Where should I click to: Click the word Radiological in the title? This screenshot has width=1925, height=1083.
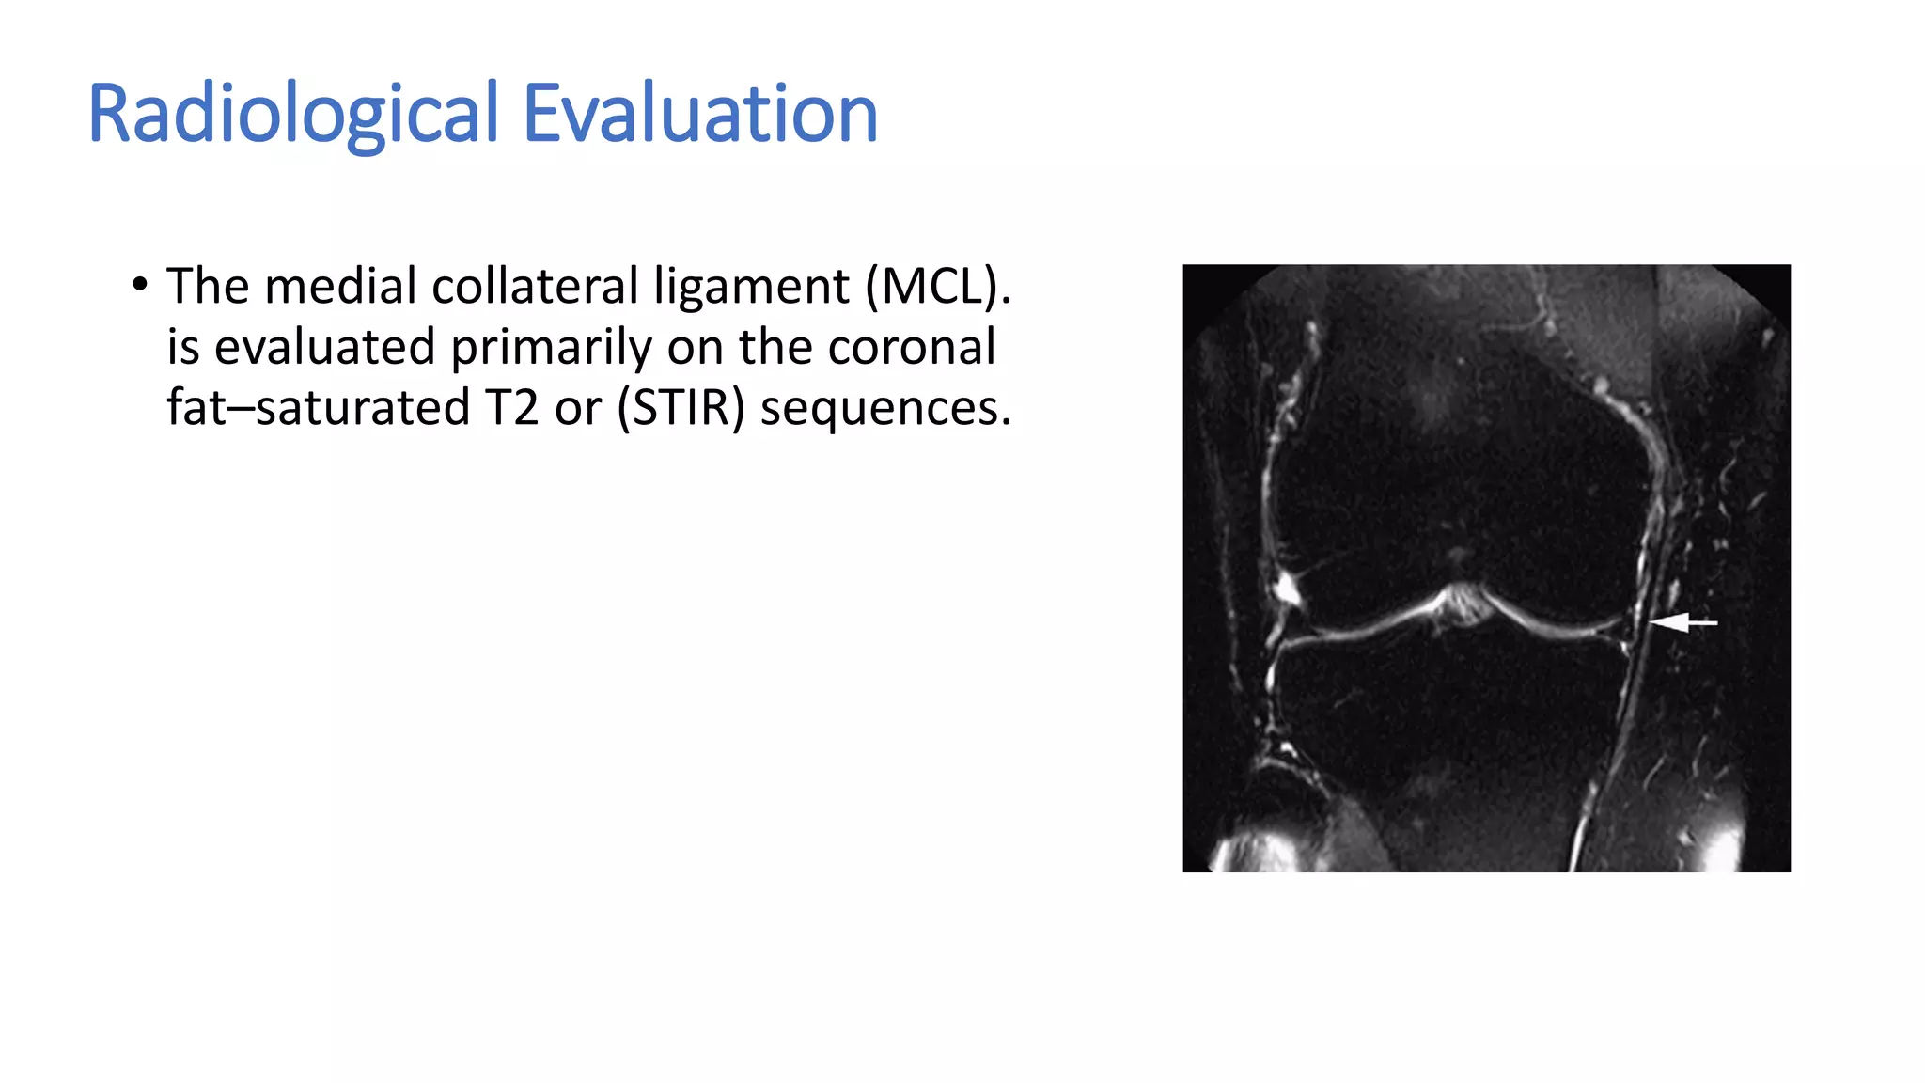tap(292, 114)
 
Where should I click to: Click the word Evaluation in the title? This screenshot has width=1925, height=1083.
tap(699, 114)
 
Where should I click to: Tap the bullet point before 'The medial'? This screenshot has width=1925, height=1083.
tap(140, 284)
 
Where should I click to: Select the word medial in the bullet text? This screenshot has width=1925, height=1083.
tap(340, 286)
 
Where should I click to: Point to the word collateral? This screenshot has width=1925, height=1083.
tap(535, 286)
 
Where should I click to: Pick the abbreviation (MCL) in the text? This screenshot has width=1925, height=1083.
tap(938, 286)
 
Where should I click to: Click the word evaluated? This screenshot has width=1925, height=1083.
tap(324, 347)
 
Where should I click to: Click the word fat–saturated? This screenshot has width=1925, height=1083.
tap(318, 408)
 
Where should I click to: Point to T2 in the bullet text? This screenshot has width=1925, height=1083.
tap(512, 408)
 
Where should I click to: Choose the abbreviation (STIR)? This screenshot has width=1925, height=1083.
tap(681, 408)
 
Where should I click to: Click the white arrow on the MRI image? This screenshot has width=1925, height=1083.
tap(1682, 622)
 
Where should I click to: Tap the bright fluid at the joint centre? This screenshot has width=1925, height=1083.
tap(1460, 602)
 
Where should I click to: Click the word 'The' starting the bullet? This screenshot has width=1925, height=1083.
tap(207, 286)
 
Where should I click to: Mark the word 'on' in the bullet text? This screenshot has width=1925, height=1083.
tap(695, 347)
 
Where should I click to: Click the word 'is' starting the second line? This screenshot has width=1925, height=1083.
tap(183, 347)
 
